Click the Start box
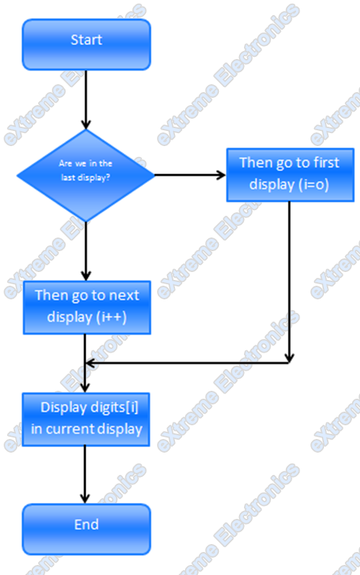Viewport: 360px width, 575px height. point(86,45)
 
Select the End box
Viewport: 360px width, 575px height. point(86,529)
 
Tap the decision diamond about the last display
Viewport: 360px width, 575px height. point(86,176)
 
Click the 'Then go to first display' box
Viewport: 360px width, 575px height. point(290,175)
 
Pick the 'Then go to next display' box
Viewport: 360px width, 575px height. point(87,307)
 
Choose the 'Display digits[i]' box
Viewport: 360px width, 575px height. point(86,420)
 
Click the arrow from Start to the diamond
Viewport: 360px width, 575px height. point(86,100)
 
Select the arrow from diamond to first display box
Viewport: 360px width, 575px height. point(190,175)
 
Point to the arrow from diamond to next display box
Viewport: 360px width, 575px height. point(86,251)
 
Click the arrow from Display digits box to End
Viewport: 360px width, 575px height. point(85,475)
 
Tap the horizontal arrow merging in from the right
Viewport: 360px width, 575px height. point(187,363)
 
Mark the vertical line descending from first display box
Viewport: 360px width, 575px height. point(289,282)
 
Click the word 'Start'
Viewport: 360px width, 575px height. point(86,40)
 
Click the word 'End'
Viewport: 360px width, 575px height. point(86,525)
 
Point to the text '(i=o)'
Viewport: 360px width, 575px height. point(314,184)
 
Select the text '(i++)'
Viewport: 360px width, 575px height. point(112,317)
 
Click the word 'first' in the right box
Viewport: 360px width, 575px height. point(325,163)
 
